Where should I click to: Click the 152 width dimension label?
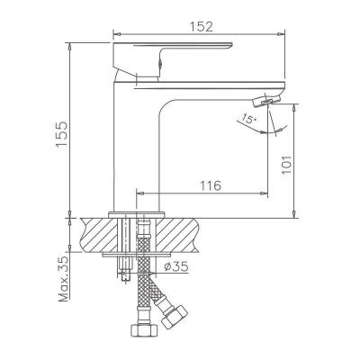[x=202, y=27]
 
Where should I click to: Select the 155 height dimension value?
[x=61, y=134]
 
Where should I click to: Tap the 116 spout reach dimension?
[x=211, y=186]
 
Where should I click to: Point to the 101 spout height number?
[x=286, y=166]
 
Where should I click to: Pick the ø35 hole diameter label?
[x=176, y=266]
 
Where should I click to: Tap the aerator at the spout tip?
[x=265, y=101]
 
